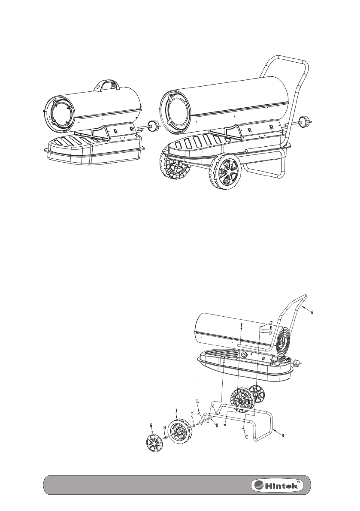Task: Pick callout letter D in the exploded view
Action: (x=270, y=333)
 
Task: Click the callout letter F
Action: (x=271, y=323)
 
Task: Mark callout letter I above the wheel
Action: (x=177, y=410)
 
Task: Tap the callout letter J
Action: (x=191, y=415)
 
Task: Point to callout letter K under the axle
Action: (x=217, y=426)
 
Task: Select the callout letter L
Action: (x=197, y=401)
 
